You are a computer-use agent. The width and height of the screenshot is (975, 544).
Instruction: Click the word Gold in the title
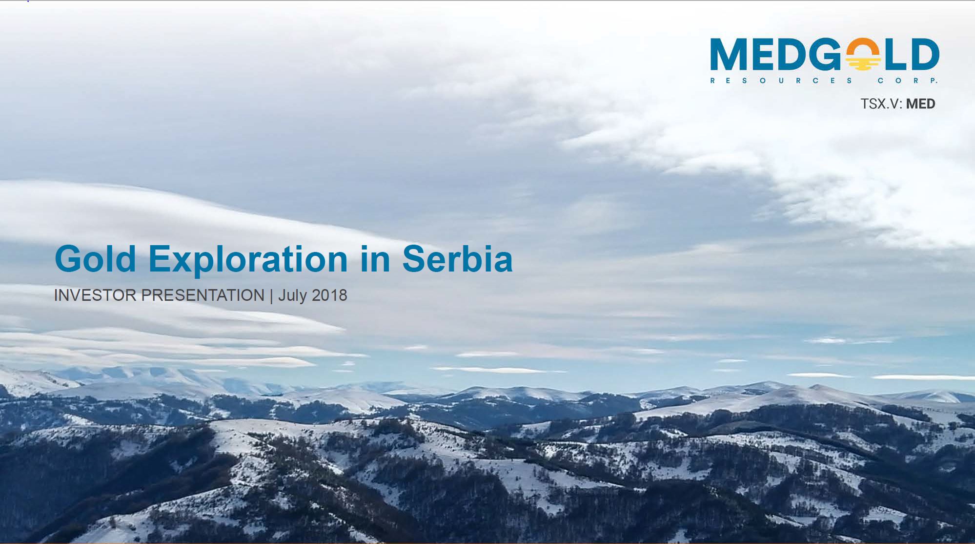click(x=96, y=259)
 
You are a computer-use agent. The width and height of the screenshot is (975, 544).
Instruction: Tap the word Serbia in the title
click(x=457, y=259)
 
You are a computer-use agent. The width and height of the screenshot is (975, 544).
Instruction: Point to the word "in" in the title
click(x=375, y=259)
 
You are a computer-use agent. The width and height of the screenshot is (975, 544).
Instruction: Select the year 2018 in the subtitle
click(x=329, y=295)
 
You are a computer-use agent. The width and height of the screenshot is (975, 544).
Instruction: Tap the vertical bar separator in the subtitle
click(x=271, y=296)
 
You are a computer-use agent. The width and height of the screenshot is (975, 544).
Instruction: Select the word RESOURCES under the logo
click(x=781, y=81)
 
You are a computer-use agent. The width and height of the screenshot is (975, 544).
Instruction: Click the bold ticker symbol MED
click(x=920, y=104)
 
